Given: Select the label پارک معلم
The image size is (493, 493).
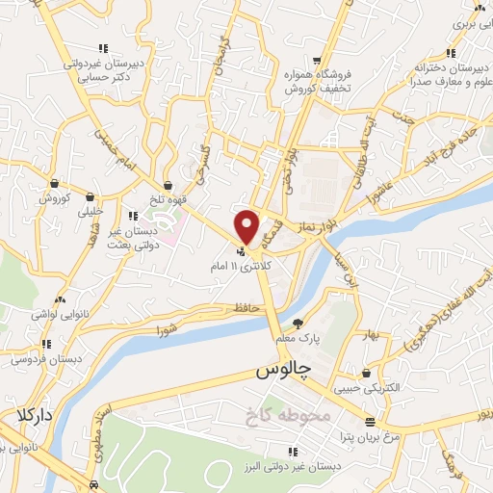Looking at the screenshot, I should [296, 340].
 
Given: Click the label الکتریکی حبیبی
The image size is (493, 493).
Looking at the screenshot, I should [365, 390].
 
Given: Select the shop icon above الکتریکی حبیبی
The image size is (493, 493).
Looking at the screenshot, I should [366, 374].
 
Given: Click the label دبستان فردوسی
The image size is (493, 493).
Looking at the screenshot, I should [44, 358].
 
